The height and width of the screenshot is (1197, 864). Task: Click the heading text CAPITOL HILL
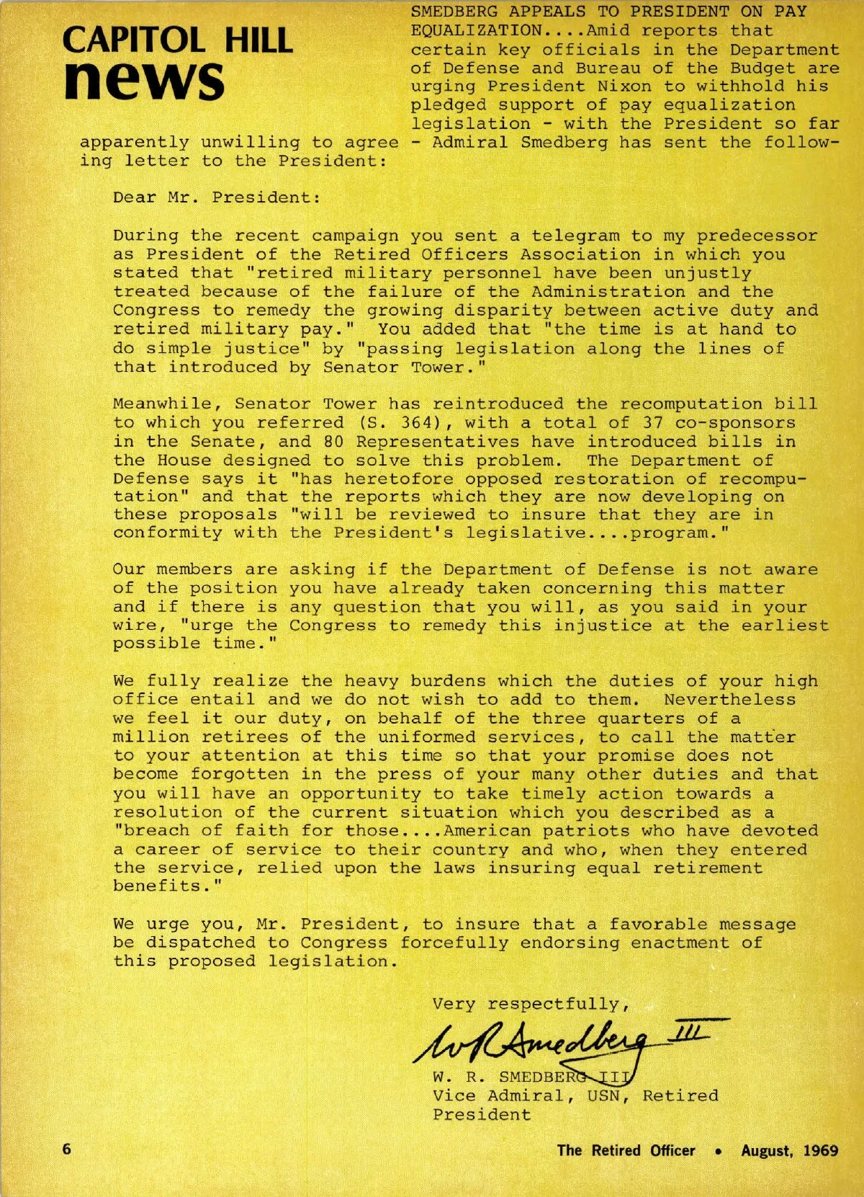[177, 40]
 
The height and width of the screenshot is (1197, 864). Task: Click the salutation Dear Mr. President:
[217, 198]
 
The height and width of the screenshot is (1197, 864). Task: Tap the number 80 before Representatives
[333, 442]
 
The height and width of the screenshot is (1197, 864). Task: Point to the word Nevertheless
[729, 700]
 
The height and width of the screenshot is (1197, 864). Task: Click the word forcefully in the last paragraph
[454, 943]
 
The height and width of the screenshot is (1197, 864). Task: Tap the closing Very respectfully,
[531, 1005]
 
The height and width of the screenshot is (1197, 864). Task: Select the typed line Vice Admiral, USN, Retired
[575, 1096]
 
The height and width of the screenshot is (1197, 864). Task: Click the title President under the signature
[482, 1115]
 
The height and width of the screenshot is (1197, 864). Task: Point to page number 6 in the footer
[67, 1149]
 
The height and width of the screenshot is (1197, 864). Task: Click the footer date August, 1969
[789, 1150]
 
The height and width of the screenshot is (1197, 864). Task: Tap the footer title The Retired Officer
[626, 1150]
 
